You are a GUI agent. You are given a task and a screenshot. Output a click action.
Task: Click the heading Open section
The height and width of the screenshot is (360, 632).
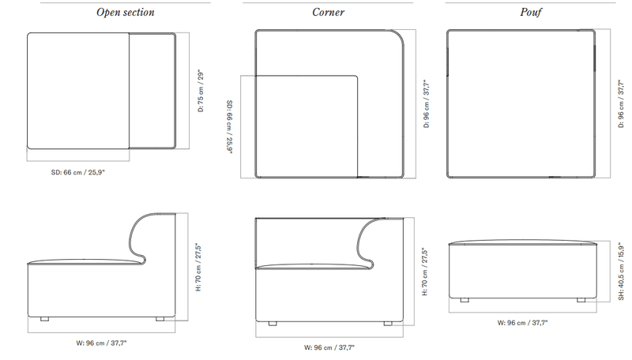[x=126, y=13]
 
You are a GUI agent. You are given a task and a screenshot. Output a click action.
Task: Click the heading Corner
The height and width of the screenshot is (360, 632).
[x=328, y=13]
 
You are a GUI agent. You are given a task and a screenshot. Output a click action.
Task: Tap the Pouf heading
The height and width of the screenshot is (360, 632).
[x=530, y=13]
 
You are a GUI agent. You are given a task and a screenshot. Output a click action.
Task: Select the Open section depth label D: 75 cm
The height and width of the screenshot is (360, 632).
[x=201, y=92]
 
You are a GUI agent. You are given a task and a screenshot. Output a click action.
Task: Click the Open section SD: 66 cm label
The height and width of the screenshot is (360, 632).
[x=77, y=172]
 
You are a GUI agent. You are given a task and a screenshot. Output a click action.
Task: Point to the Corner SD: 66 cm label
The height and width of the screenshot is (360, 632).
[x=229, y=127]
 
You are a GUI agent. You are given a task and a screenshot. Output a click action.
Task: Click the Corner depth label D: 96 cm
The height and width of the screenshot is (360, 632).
[x=427, y=104]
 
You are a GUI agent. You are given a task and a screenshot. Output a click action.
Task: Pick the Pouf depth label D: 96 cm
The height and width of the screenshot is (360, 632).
[x=621, y=104]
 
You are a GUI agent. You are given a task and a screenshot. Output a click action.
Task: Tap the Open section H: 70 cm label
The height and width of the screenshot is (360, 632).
[x=198, y=268]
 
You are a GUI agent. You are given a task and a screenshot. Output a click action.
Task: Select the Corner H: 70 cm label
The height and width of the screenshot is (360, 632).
[x=425, y=272]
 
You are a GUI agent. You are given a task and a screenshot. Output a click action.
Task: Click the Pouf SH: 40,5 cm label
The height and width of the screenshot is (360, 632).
[x=621, y=271]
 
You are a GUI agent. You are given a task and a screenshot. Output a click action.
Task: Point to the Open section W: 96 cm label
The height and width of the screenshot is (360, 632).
[x=101, y=343]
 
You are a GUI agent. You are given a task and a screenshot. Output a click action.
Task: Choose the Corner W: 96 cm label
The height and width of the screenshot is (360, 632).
[x=329, y=347]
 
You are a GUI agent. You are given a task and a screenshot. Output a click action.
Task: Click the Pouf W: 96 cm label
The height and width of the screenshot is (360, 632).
[x=522, y=323]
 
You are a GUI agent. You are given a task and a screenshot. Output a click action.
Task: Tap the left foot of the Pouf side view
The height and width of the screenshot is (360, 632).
[x=465, y=300]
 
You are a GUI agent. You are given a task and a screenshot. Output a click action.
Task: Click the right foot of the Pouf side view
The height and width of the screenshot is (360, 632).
[x=581, y=300]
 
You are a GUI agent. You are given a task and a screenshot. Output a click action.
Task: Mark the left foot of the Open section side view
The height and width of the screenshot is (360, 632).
[x=45, y=319]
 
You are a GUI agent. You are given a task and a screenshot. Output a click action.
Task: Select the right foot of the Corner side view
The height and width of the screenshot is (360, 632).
[x=388, y=324]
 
